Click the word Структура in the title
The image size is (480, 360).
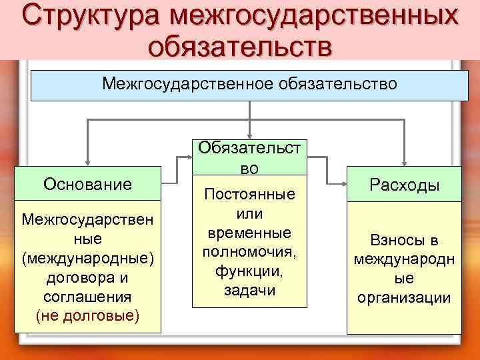click(x=95, y=17)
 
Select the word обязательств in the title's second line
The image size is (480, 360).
click(x=239, y=45)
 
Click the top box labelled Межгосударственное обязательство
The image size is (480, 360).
click(x=249, y=84)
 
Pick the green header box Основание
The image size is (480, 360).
click(x=87, y=183)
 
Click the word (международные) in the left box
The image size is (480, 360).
click(x=87, y=257)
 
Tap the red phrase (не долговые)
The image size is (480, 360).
click(x=87, y=315)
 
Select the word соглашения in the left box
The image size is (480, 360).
click(x=87, y=295)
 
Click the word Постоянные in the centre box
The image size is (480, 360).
click(x=249, y=195)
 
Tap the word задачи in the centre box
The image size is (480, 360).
click(x=249, y=291)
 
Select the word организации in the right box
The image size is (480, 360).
click(x=404, y=297)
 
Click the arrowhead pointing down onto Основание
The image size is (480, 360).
click(x=87, y=161)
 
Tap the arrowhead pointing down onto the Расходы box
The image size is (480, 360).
click(x=404, y=161)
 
